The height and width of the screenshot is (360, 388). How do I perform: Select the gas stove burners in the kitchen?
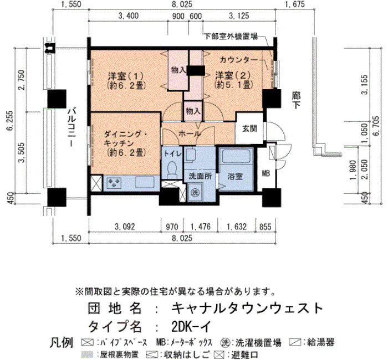pos(114,183)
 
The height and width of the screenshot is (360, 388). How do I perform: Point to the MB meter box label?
pos(266,173)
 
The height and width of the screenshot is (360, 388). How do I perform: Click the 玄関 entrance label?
pos(249,128)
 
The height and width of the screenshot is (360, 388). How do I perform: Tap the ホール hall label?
pos(190,134)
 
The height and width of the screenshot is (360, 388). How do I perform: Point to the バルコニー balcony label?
pos(72,127)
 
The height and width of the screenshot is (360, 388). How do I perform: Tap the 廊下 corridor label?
pos(296,100)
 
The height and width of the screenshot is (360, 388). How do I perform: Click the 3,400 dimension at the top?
pos(129,16)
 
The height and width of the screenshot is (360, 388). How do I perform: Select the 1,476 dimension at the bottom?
pos(201,227)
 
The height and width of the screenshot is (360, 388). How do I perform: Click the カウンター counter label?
pos(239,60)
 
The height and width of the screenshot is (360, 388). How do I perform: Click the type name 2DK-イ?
pos(191,327)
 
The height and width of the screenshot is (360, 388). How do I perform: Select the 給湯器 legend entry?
pos(312,342)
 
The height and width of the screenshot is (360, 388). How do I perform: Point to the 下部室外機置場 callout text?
pos(231,37)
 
